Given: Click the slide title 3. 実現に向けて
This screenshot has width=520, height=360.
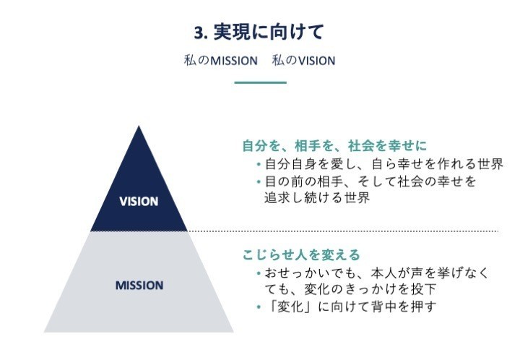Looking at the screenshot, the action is [259, 32].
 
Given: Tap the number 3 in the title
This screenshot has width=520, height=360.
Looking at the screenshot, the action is [199, 33].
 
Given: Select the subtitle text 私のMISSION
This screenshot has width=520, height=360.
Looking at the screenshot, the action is [220, 61].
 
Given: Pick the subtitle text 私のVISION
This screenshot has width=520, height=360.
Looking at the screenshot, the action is [303, 61].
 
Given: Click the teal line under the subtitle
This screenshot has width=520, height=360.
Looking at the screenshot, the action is [260, 82].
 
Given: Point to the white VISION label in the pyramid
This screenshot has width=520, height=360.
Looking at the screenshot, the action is [139, 202].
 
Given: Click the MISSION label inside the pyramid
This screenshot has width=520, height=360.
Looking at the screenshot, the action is [139, 286].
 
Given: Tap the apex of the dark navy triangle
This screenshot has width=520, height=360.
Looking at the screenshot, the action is [139, 126].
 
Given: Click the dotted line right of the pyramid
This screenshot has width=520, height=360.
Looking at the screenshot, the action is [343, 231].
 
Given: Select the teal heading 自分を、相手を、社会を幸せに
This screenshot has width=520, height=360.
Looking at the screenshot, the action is [334, 145].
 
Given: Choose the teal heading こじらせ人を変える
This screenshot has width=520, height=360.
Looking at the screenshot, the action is [301, 255].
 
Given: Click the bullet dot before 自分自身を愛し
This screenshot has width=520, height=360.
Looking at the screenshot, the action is [259, 164].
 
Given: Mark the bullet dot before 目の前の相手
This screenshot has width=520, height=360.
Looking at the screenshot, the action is [259, 181].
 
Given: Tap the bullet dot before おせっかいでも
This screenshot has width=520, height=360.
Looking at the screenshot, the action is [259, 273].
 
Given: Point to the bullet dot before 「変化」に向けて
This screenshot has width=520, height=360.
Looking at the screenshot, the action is [259, 307].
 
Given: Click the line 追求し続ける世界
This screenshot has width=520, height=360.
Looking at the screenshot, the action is [317, 198].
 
